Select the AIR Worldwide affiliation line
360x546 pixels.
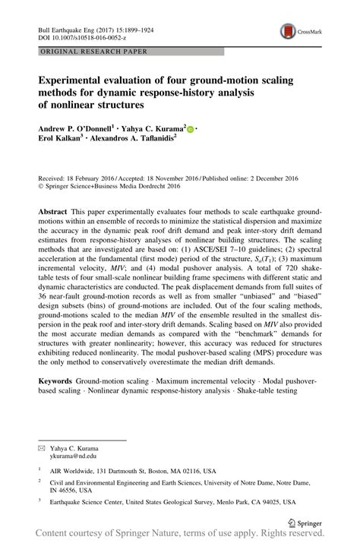coord(137,471)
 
